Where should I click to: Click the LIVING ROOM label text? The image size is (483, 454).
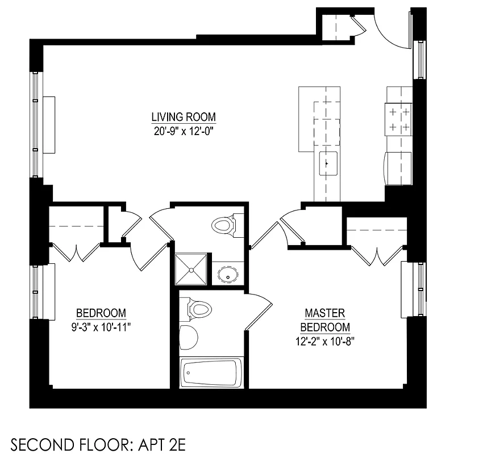coord(183,117)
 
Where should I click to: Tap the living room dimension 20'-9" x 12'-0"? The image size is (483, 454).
coord(183,130)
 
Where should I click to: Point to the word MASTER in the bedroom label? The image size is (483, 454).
coord(325,313)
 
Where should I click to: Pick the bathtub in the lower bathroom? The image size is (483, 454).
coord(211,373)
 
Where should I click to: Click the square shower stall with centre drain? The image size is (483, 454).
coord(191,268)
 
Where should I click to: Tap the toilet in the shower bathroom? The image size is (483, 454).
coord(226,225)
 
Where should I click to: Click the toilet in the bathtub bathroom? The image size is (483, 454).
coord(197,310)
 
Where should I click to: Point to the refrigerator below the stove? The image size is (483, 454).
coord(398,168)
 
